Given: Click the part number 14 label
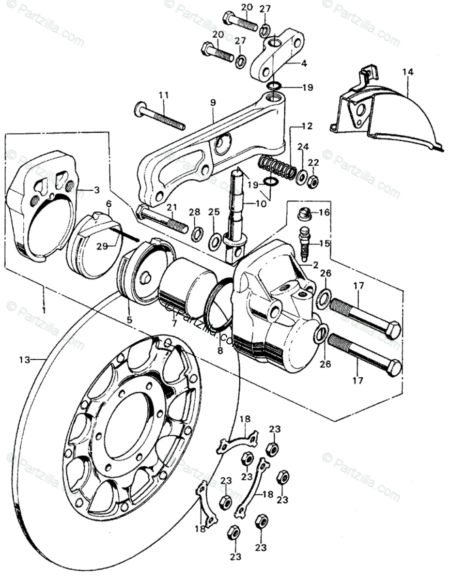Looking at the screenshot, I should pos(407,72).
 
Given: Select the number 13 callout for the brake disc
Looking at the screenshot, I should pos(25,360).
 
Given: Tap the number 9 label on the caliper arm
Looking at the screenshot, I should pos(213,103).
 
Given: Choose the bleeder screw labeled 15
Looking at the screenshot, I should pos(304,243).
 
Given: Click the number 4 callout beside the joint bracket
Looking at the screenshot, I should pos(304,63).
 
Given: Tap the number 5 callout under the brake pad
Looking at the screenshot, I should pos(129,320).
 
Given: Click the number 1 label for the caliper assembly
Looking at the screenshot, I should pos(44,308).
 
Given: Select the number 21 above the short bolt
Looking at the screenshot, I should pos(170,208).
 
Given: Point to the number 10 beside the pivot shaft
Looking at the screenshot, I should pos(261,204).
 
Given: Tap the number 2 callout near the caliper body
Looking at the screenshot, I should pos(315,265).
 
